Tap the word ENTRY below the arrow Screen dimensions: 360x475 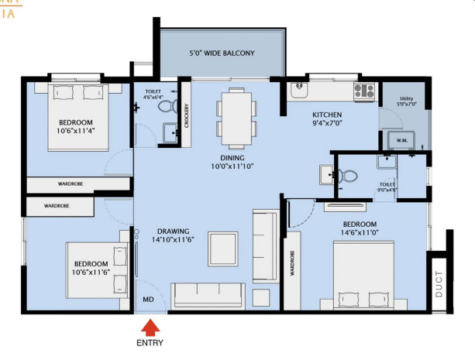150,342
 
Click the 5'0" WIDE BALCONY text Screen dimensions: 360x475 222,53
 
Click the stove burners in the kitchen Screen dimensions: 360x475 363,91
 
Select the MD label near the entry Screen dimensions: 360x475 147,298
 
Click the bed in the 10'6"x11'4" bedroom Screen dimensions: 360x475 77,112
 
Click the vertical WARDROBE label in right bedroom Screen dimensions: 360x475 292,263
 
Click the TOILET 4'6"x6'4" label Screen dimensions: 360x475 153,94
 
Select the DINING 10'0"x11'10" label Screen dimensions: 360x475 232,161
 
